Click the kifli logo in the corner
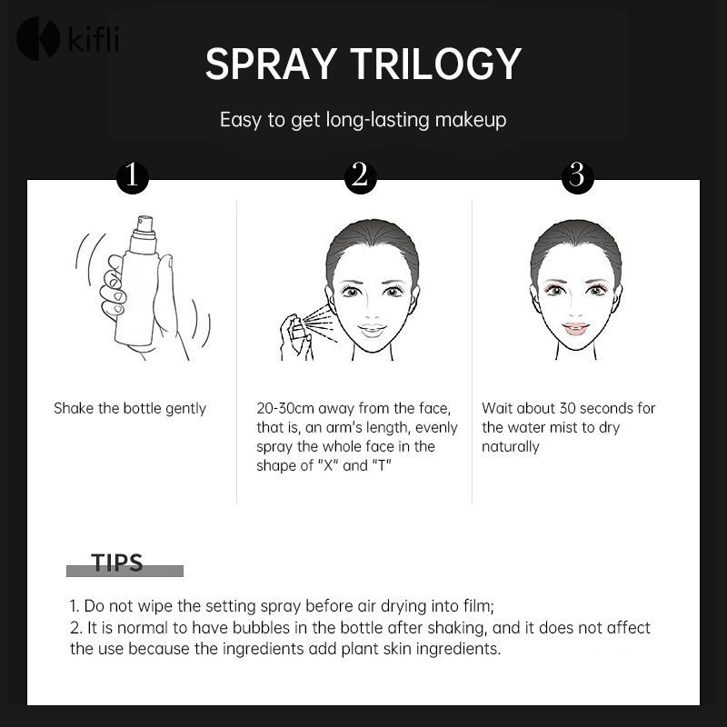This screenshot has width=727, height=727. coord(67,38)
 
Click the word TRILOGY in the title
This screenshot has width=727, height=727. coord(436,64)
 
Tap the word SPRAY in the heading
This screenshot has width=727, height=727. coord(271,64)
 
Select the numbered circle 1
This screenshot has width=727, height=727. coord(133,176)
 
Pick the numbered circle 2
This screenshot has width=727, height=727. coord(360,176)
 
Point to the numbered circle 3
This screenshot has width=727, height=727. coord(577,176)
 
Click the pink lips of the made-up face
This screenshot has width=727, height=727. coord(575,328)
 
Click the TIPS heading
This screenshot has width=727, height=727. coord(117,563)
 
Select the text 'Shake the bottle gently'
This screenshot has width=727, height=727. coord(130,408)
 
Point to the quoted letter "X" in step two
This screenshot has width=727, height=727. coord(328,464)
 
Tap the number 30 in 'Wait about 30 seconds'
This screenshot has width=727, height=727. coord(568,408)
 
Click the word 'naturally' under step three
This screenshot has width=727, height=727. coord(511,446)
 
